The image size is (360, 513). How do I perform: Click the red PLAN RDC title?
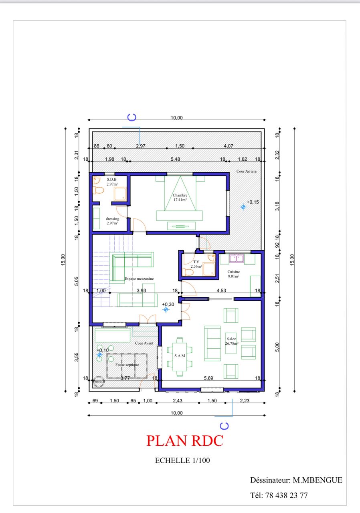(185, 440)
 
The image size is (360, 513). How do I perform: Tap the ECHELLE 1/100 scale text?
(182, 461)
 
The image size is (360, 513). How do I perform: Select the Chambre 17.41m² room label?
(180, 198)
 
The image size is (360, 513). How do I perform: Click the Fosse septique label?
(127, 365)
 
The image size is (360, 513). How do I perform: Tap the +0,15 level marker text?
(253, 202)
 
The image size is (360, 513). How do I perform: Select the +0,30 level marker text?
(168, 305)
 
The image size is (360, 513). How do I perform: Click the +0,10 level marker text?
(103, 350)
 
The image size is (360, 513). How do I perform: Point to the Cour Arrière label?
(246, 171)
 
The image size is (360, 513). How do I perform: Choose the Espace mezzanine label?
(139, 279)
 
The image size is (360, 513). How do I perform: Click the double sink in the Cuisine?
(236, 259)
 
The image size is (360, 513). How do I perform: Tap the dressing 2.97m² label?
(112, 221)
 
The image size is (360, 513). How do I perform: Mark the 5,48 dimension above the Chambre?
(175, 159)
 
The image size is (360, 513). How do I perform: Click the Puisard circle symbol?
(98, 381)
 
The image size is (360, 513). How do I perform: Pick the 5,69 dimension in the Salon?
(208, 378)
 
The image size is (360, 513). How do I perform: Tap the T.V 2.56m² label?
(196, 264)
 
